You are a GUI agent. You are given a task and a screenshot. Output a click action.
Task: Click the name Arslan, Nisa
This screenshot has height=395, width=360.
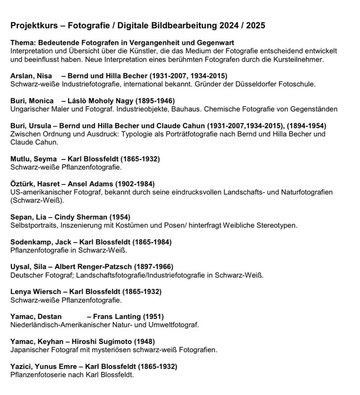tap(31, 76)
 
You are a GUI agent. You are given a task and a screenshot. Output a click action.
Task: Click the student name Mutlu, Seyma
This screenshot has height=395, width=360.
tap(33, 159)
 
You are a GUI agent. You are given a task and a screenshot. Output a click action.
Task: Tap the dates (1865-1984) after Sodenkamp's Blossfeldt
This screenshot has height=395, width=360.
tap(153, 242)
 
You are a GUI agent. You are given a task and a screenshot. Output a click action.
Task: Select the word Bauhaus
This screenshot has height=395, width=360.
tap(188, 109)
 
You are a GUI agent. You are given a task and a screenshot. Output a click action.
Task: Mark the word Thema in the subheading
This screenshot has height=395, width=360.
tap(20, 43)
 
